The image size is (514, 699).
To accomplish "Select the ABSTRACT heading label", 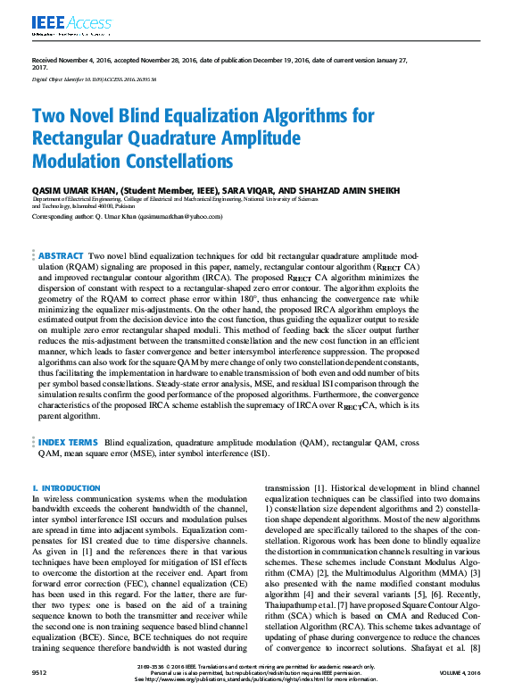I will (x=62, y=256).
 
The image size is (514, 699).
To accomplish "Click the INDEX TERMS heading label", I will (x=68, y=442).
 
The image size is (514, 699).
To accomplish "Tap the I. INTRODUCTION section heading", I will (x=66, y=488).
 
